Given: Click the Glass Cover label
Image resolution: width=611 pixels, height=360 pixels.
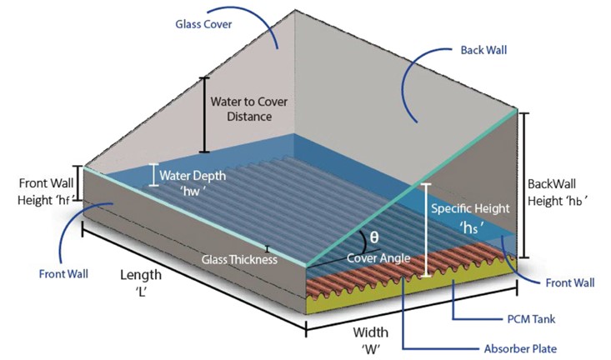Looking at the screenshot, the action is (x=203, y=24).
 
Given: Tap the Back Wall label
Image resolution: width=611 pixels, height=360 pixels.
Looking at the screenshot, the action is (x=483, y=50).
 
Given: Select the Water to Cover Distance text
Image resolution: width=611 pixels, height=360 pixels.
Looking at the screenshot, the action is (x=249, y=109).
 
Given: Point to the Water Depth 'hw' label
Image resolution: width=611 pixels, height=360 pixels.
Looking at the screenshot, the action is (x=193, y=182).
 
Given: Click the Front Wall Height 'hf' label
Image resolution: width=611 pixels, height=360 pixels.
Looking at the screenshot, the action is (x=46, y=192).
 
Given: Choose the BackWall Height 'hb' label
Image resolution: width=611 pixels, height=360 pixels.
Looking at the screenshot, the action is (x=557, y=192).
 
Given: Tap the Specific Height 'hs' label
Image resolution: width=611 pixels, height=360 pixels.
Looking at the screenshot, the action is (x=470, y=217).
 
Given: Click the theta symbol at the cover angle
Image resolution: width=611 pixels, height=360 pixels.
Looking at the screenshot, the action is (x=374, y=237).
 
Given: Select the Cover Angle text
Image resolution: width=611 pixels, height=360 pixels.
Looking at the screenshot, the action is (x=378, y=258).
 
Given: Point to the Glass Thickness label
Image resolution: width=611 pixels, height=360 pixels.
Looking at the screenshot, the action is (x=239, y=259).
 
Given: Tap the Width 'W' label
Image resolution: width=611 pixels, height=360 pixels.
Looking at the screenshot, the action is (x=371, y=339).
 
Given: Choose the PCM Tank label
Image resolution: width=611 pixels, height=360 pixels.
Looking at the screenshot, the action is (x=531, y=319).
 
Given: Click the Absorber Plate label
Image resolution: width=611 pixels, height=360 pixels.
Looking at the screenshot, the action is (x=520, y=348).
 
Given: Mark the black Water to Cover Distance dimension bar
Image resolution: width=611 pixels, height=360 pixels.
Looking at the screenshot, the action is (x=204, y=115).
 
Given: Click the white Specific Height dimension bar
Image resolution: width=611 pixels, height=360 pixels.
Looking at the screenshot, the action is (x=427, y=230).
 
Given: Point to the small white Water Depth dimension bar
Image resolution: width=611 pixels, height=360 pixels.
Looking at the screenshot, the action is (x=154, y=175).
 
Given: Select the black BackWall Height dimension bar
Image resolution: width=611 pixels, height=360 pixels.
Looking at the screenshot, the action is (x=524, y=186).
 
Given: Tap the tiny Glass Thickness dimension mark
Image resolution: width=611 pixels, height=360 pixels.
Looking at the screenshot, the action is (x=268, y=249).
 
